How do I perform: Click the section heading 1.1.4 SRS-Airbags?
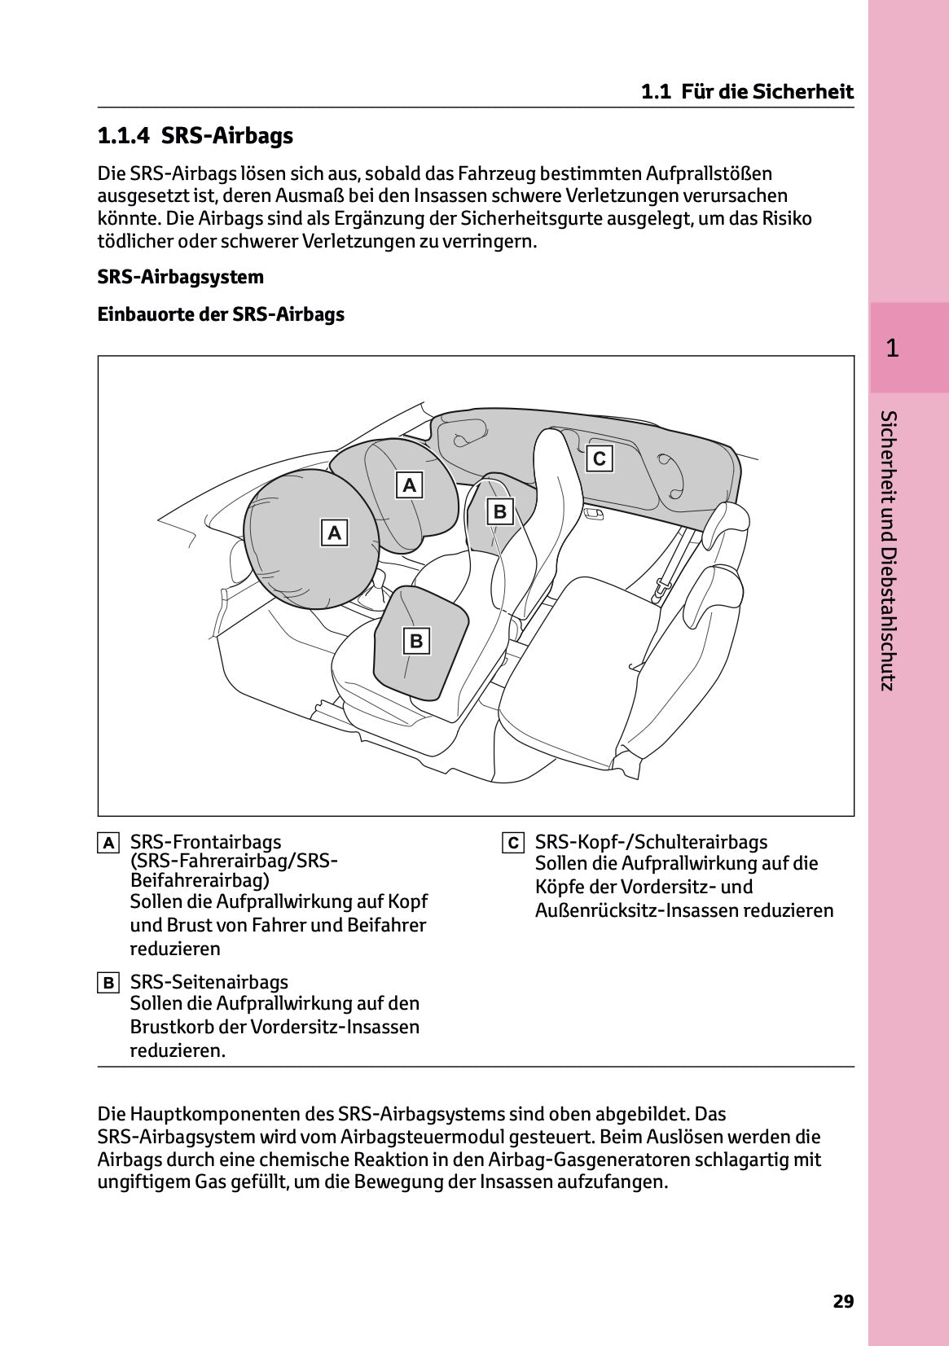[x=195, y=136]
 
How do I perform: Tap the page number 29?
[x=843, y=1301]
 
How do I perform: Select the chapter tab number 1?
[x=892, y=349]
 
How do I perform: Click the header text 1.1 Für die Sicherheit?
[x=747, y=92]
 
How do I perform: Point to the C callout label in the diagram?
[x=600, y=458]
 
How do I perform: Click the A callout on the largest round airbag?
[x=334, y=533]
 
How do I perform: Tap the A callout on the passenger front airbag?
[x=410, y=485]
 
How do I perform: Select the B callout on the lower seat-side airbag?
[x=416, y=641]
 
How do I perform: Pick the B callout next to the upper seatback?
[x=500, y=511]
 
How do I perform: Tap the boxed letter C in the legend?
[x=512, y=843]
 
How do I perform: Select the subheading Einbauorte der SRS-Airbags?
[x=221, y=314]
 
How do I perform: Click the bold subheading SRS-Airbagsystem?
[x=180, y=277]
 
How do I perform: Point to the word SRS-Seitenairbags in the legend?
[x=209, y=982]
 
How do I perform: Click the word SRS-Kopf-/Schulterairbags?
[x=651, y=842]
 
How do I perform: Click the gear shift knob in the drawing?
[x=378, y=579]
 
